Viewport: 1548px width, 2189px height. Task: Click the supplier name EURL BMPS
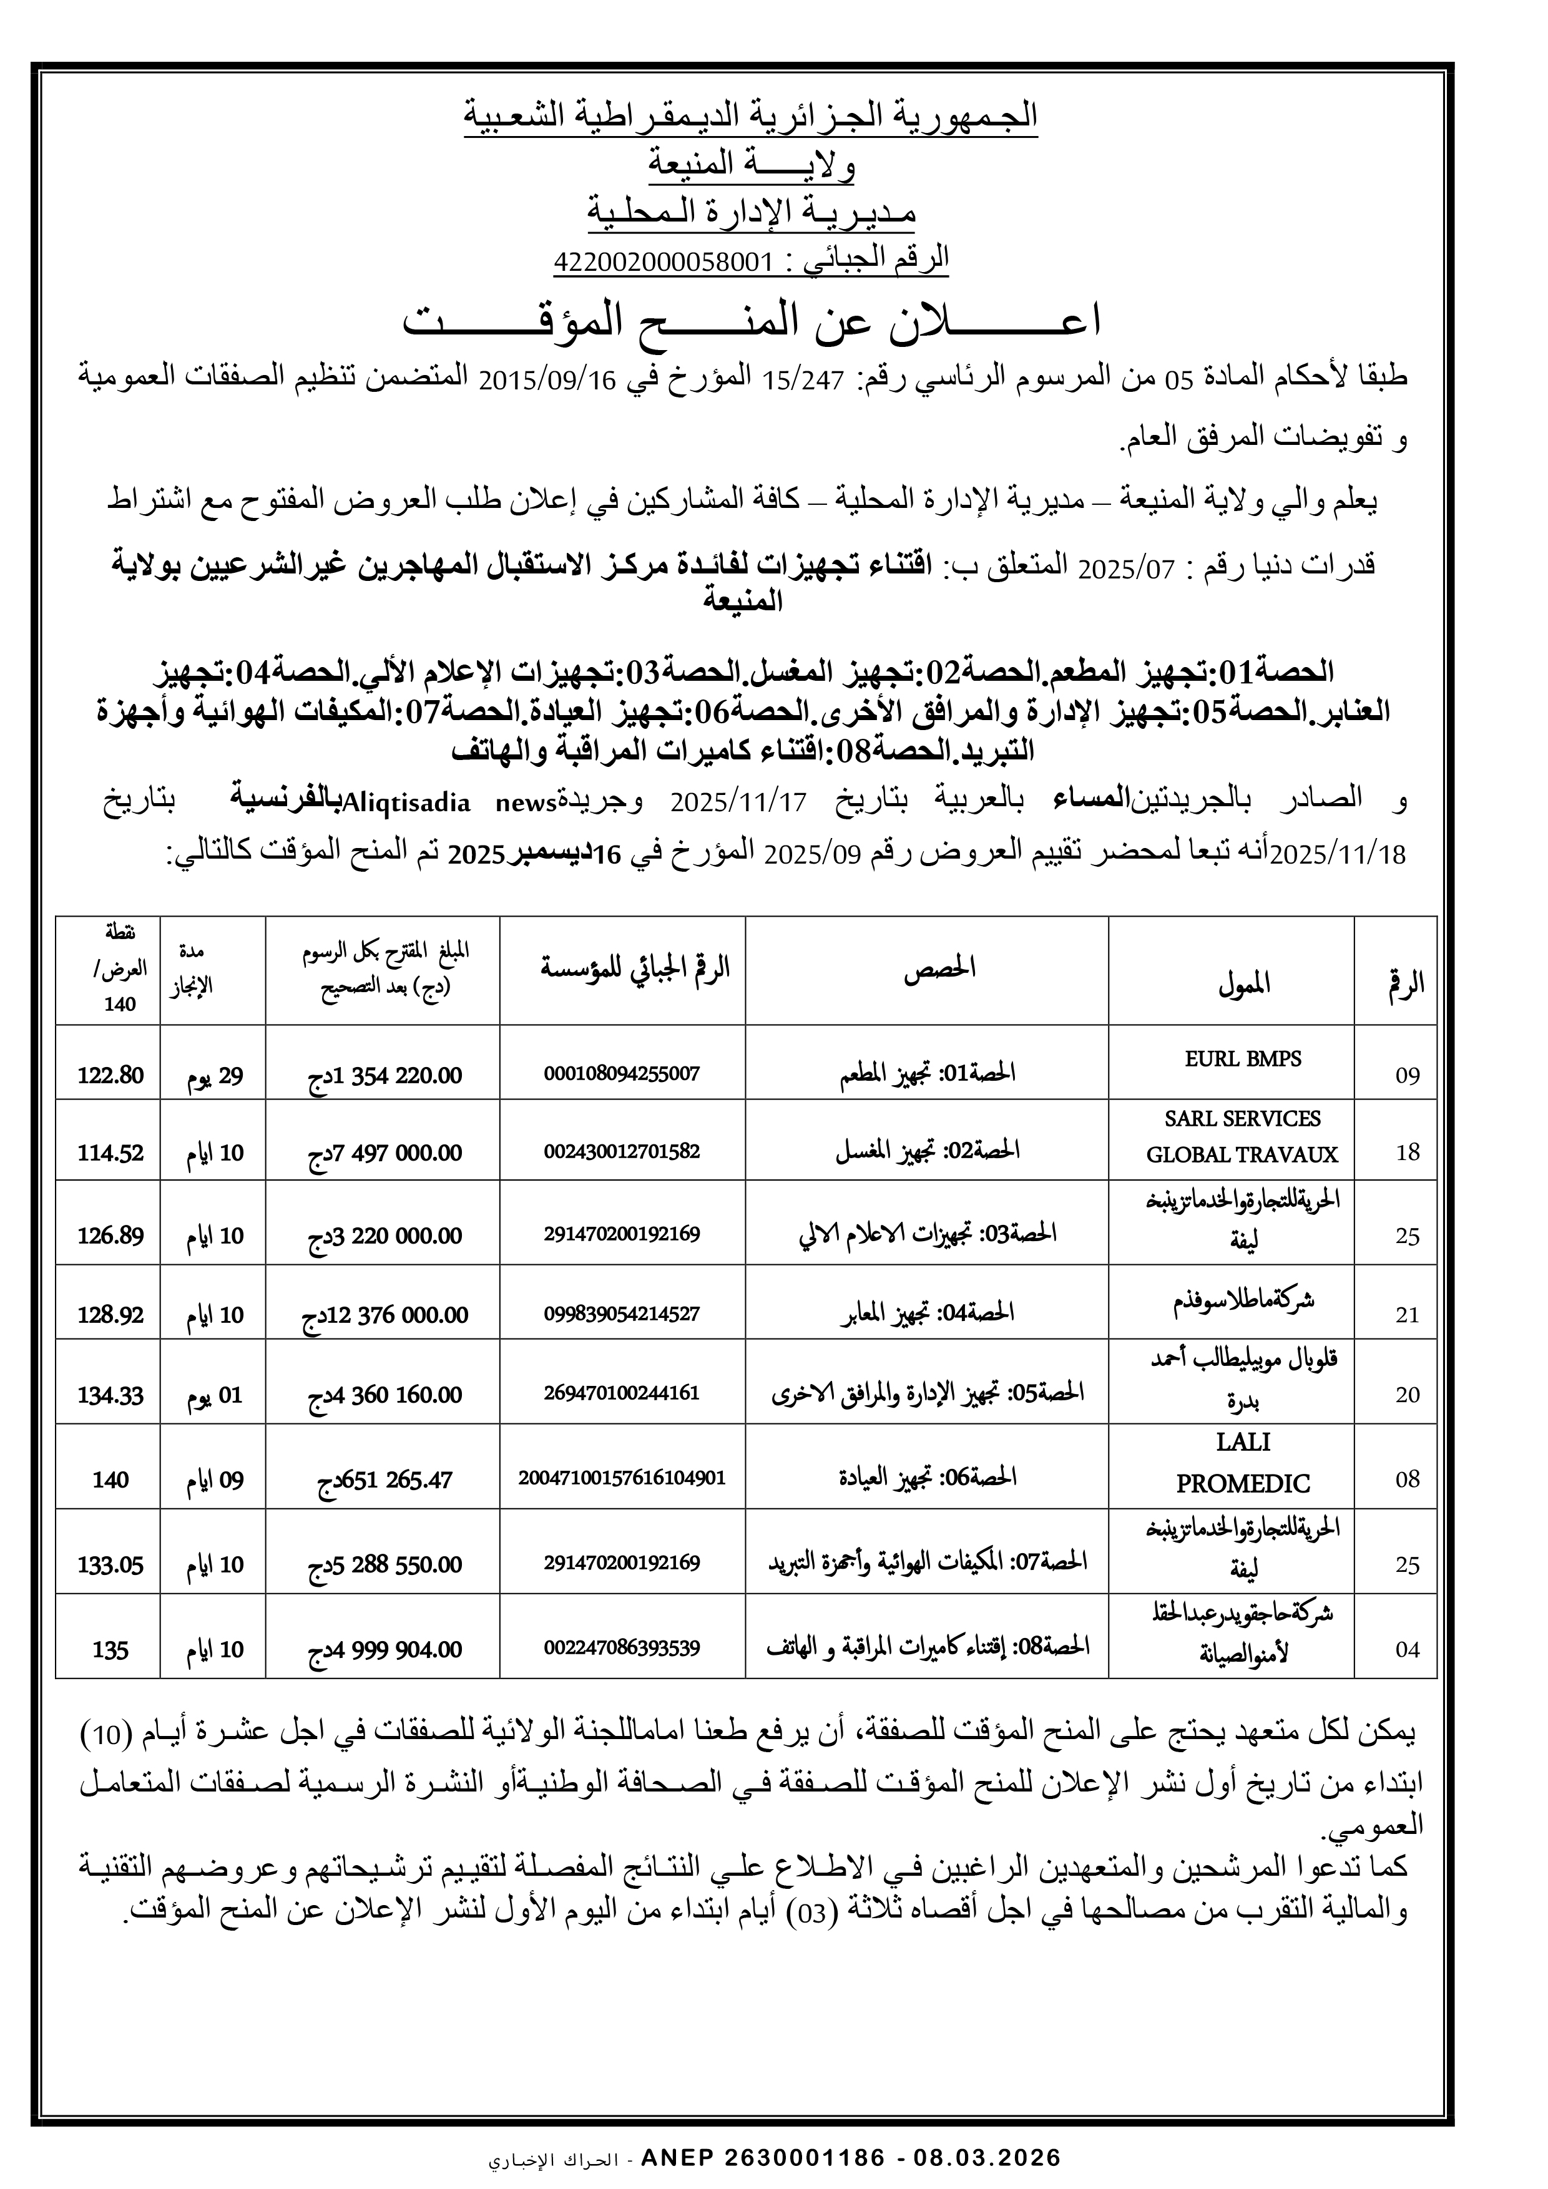tap(1243, 1058)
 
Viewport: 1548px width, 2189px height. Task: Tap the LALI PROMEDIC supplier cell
tap(1243, 1463)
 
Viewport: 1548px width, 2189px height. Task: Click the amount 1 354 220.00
tap(383, 1075)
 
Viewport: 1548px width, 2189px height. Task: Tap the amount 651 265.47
tap(385, 1479)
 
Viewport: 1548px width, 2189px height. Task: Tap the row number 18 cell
tap(1408, 1152)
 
